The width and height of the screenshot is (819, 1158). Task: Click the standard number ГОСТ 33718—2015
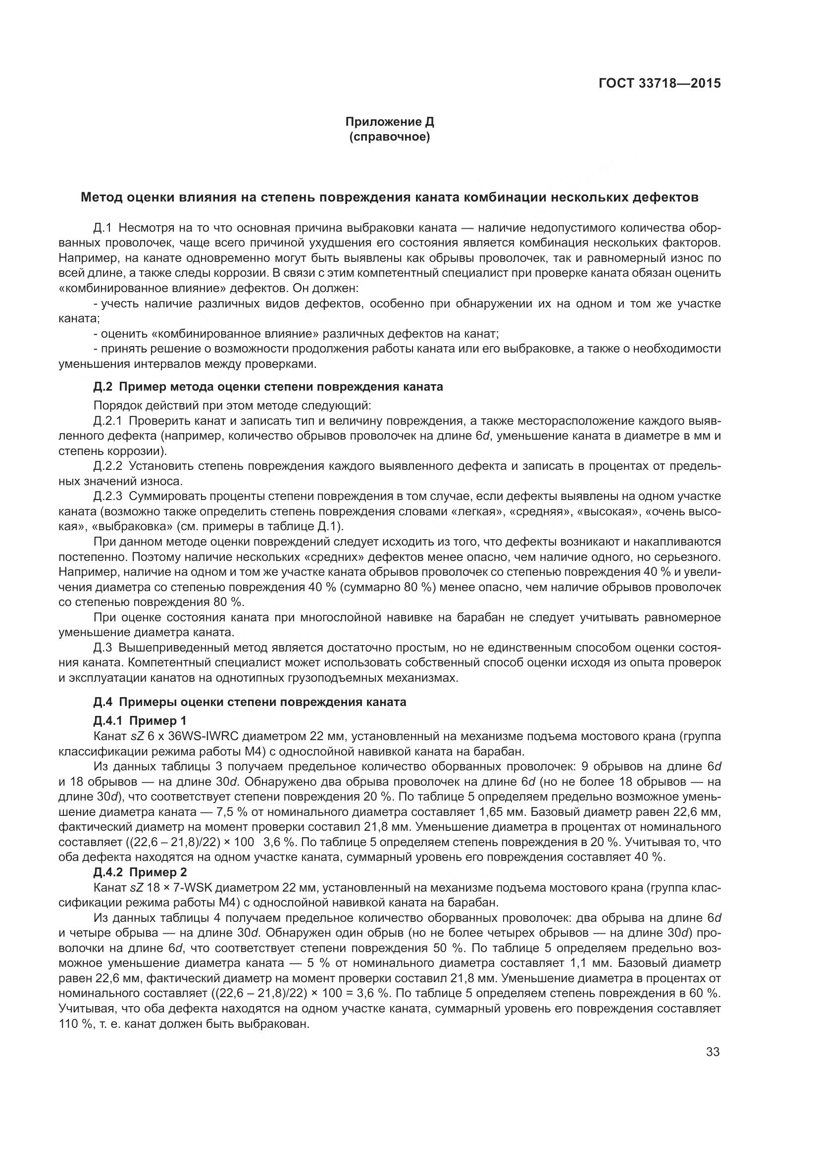[x=659, y=83]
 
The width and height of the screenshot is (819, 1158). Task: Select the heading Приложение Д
[x=389, y=122]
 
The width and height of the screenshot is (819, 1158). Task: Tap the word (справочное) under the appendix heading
[x=389, y=137]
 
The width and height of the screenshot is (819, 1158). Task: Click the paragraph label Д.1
[x=103, y=228]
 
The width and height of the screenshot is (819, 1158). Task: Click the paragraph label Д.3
[x=103, y=647]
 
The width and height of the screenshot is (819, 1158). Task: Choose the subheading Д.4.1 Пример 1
[x=140, y=721]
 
